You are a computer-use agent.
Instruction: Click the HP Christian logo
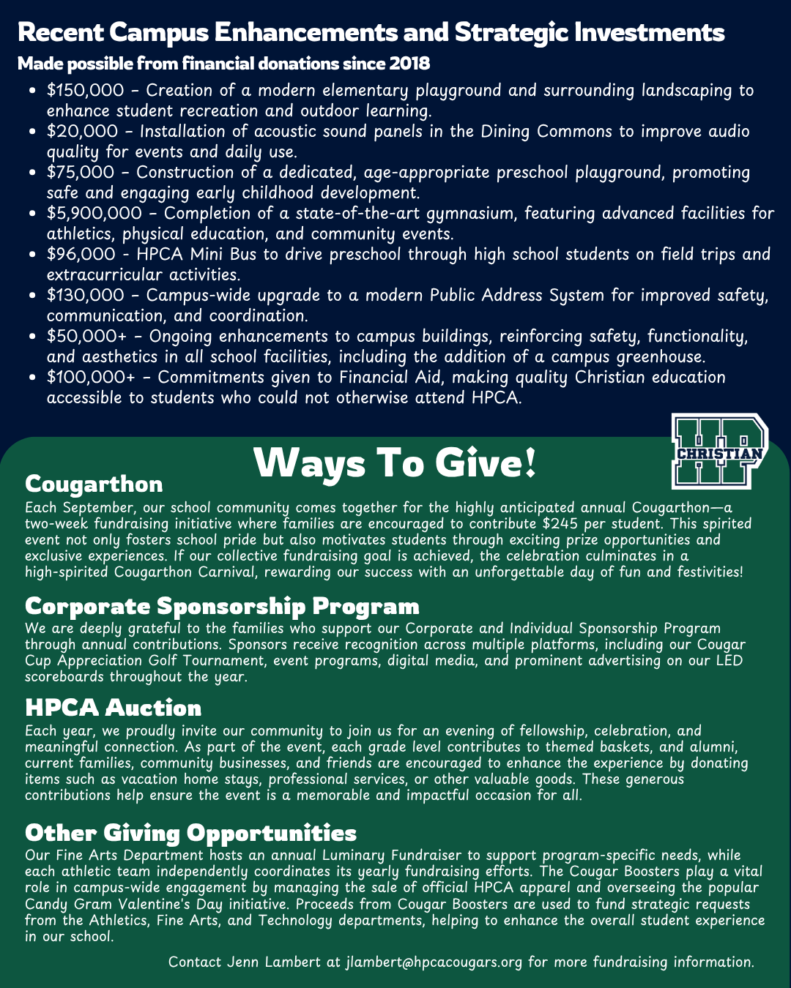click(719, 452)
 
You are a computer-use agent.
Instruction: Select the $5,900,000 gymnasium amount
click(94, 214)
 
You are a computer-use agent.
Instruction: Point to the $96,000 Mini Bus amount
click(81, 255)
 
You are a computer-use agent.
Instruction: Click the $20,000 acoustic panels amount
click(82, 132)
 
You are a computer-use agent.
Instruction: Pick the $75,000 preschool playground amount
click(81, 173)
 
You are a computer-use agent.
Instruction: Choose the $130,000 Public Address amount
click(85, 296)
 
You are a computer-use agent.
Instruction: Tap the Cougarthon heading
click(94, 484)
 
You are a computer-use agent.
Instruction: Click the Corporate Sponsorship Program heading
click(222, 606)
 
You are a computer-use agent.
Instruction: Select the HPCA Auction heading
click(113, 708)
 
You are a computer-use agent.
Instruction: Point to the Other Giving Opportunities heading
click(190, 833)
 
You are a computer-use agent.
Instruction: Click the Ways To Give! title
click(395, 463)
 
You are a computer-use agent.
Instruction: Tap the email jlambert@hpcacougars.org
click(434, 962)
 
